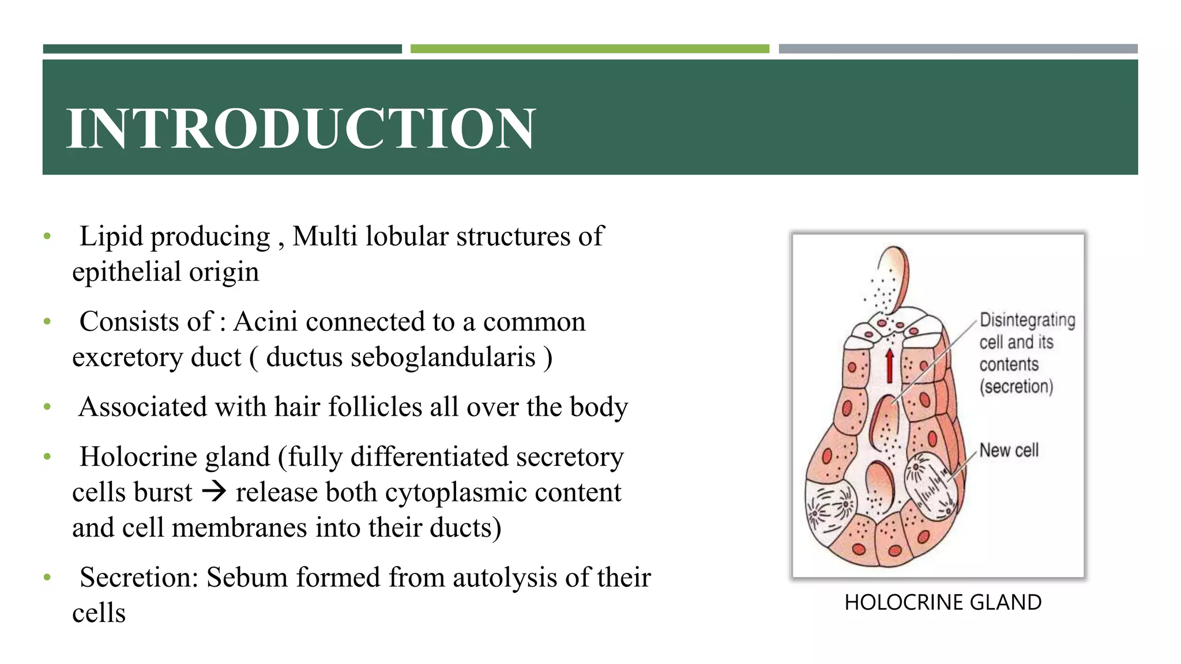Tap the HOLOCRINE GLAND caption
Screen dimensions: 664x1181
(943, 602)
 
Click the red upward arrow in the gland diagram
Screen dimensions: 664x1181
(890, 366)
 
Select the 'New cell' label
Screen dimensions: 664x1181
(1009, 450)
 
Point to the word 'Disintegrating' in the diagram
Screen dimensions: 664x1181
(1027, 320)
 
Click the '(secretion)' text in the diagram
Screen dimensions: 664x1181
(1016, 386)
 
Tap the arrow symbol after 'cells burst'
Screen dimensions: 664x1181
(214, 492)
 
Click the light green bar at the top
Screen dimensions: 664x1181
(589, 49)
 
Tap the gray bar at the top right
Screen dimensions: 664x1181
(958, 49)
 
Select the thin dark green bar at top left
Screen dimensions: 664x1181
(222, 49)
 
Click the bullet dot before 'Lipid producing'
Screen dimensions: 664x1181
(47, 236)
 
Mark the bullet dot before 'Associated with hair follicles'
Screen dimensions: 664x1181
(47, 407)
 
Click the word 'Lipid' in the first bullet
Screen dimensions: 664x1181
(111, 236)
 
